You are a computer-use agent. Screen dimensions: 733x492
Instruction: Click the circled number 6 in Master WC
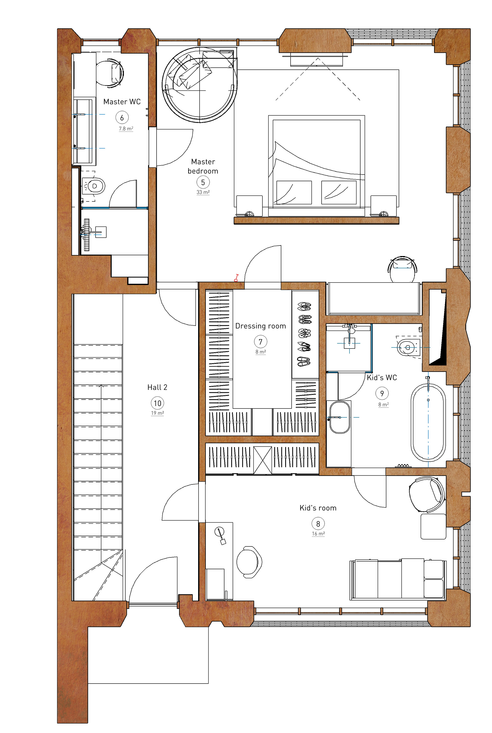pyautogui.click(x=122, y=118)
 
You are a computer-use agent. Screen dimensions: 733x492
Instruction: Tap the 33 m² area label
pyautogui.click(x=203, y=192)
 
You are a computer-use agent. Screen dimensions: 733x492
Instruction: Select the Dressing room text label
pyautogui.click(x=260, y=326)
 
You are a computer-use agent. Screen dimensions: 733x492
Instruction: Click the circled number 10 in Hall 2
pyautogui.click(x=157, y=403)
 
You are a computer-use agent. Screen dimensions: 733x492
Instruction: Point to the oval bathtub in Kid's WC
pyautogui.click(x=428, y=423)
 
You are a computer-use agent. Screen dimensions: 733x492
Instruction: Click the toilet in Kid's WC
pyautogui.click(x=408, y=347)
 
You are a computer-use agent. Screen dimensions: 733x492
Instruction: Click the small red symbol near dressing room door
pyautogui.click(x=236, y=278)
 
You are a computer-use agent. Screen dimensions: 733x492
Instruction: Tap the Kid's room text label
pyautogui.click(x=318, y=508)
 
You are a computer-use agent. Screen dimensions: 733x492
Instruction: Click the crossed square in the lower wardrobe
pyautogui.click(x=262, y=460)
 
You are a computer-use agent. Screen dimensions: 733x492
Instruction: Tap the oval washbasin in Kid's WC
pyautogui.click(x=340, y=417)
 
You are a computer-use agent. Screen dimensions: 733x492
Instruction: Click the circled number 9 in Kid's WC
pyautogui.click(x=382, y=393)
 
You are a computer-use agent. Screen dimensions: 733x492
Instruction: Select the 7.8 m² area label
pyautogui.click(x=126, y=129)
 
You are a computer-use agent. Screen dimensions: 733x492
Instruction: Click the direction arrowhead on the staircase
pyautogui.click(x=101, y=386)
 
